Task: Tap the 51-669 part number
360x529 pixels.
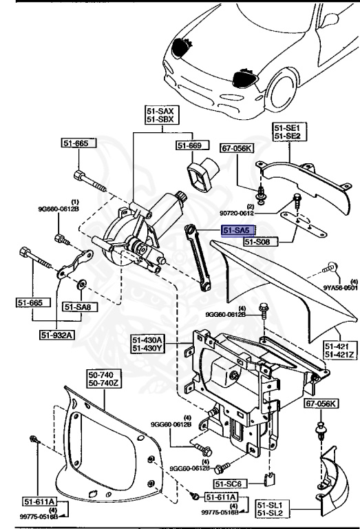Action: (191, 145)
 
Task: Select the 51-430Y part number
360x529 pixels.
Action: (147, 348)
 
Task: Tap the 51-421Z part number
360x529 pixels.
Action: (339, 354)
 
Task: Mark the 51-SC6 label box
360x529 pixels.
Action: (230, 466)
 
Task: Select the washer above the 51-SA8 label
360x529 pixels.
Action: (82, 282)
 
